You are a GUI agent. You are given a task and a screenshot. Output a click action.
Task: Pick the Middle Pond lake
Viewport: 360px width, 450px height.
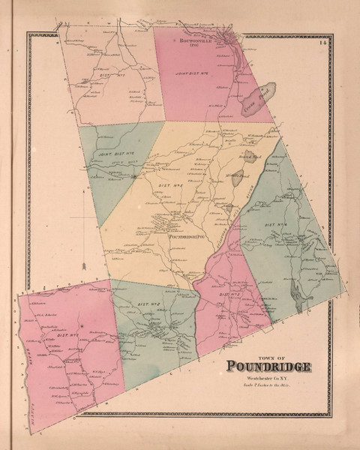[237, 176]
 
